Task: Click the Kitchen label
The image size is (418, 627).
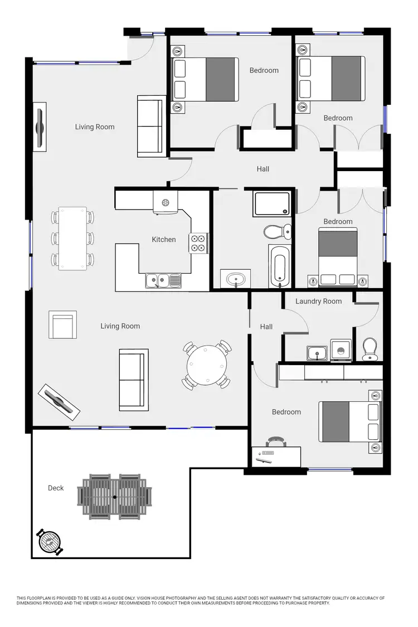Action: (164, 240)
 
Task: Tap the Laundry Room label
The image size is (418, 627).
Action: (318, 302)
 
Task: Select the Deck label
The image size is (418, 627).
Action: (56, 488)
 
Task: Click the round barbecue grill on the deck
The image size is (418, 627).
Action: (49, 539)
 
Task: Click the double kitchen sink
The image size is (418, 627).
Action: (163, 280)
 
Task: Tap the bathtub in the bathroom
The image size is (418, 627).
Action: (279, 266)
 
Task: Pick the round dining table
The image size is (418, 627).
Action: (206, 365)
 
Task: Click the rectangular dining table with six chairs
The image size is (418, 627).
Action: (73, 238)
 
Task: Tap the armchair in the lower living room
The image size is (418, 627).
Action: (61, 326)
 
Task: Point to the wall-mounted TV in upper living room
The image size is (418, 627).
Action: (40, 127)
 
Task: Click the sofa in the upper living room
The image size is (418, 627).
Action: (150, 127)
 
